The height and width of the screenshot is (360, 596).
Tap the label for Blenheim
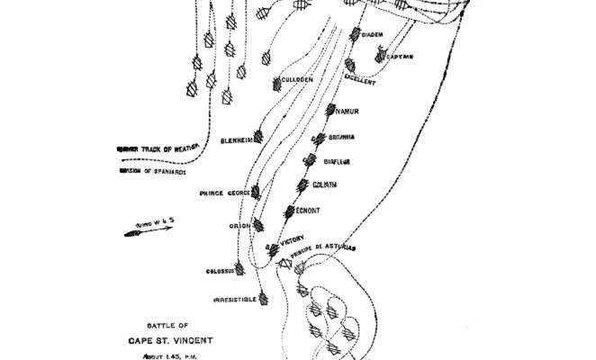[x=237, y=141]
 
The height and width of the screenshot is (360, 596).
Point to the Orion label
[x=239, y=226]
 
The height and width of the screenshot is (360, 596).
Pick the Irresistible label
[x=236, y=298]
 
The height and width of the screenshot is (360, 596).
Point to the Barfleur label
[x=337, y=162]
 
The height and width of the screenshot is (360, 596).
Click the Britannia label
[x=341, y=137]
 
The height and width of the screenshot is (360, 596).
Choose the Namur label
[x=347, y=112]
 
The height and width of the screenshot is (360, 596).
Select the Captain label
[x=399, y=57]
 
